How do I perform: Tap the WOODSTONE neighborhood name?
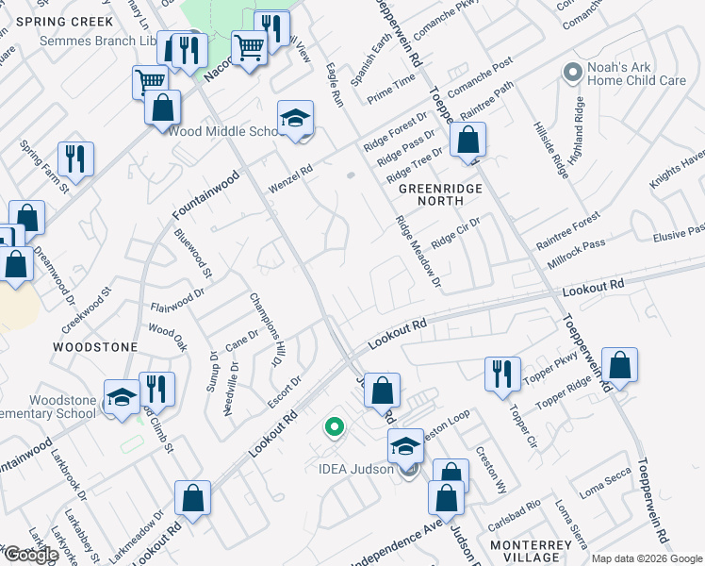[96, 347]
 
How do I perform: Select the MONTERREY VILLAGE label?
[531, 552]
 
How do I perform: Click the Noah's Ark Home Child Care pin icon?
[571, 73]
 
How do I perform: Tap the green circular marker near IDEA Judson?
[333, 427]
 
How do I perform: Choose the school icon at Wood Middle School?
[295, 119]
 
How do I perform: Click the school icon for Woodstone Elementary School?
[122, 397]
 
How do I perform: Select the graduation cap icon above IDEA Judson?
[406, 445]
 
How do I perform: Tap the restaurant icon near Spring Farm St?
[74, 158]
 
